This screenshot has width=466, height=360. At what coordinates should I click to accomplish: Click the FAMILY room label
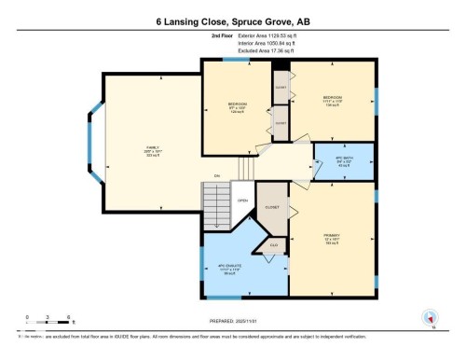coord(152,148)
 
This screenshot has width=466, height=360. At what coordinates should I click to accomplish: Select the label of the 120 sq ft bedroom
coord(237,108)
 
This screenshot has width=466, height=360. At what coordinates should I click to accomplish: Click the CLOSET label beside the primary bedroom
coord(272,208)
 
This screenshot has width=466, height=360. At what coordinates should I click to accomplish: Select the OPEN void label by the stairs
coord(242,200)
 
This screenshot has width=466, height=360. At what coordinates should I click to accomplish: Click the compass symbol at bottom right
coord(430,317)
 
